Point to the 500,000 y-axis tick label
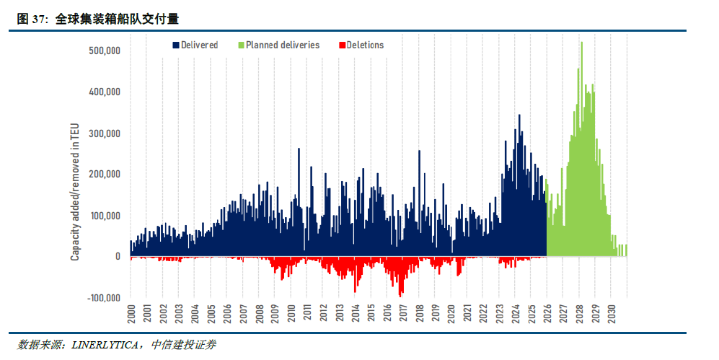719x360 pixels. point(105,51)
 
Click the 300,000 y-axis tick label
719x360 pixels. point(105,133)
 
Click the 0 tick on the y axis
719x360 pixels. point(117,257)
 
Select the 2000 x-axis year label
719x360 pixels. point(131,312)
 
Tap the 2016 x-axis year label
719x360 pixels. point(387,312)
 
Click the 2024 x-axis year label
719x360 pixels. point(515,312)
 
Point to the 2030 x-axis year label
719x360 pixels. point(611,312)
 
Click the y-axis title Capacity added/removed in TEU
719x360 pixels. point(75,190)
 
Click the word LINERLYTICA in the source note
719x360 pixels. point(108,345)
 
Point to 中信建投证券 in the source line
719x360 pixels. point(183,345)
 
